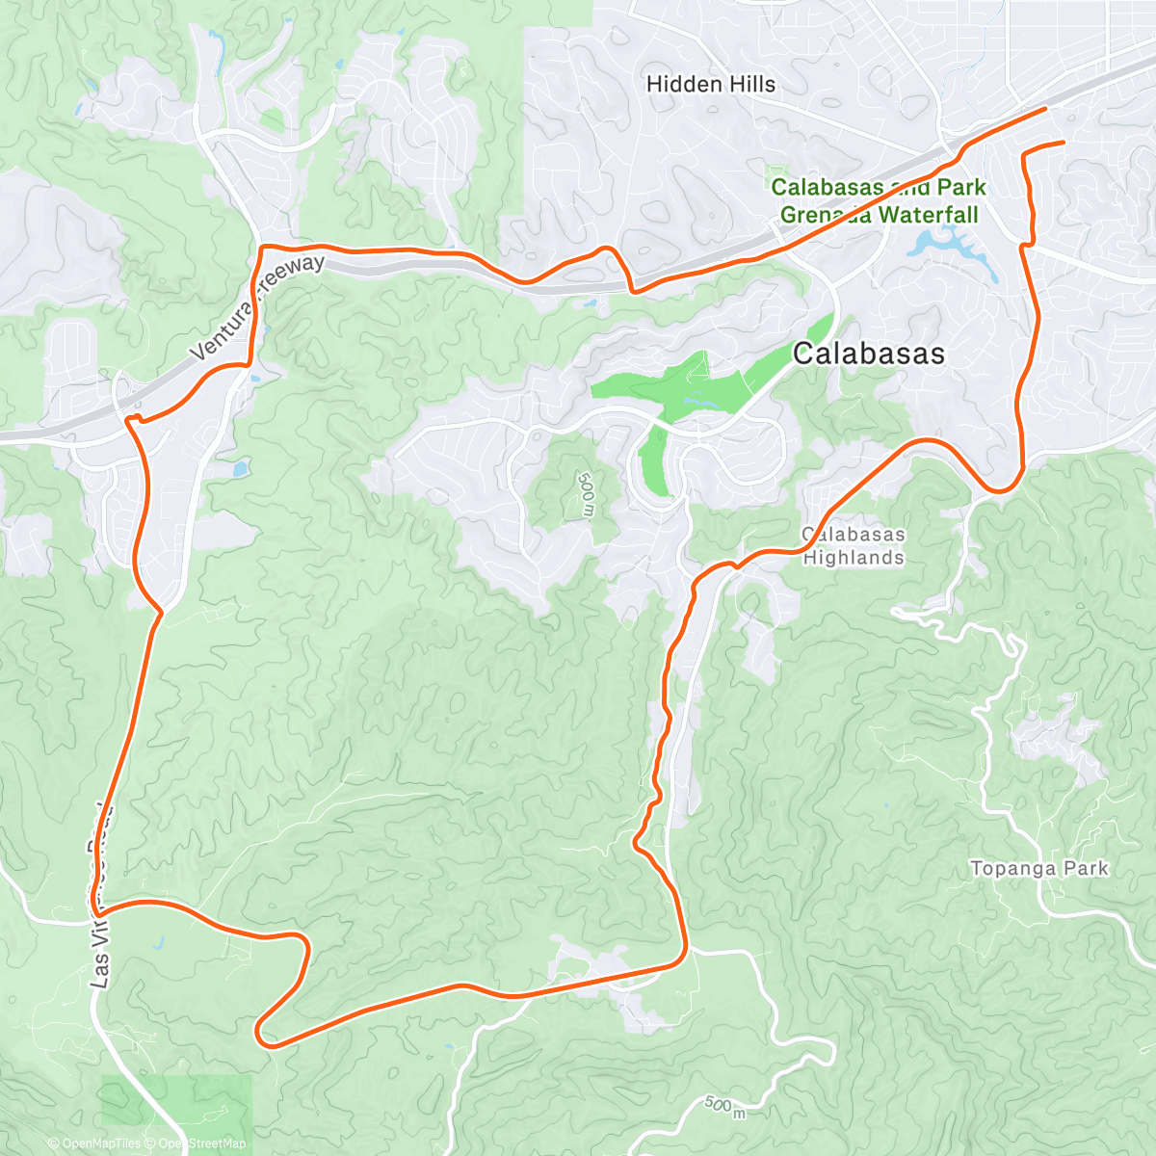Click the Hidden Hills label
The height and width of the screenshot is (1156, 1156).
coord(710,85)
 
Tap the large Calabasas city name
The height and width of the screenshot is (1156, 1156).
coord(868,355)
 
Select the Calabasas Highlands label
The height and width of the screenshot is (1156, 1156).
coord(854,546)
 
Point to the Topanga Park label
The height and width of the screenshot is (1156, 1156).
coord(1038,869)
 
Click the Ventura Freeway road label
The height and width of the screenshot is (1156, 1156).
coord(257,307)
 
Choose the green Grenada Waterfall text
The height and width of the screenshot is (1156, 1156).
coord(879,215)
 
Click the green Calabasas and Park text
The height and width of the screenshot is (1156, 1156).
coord(878,188)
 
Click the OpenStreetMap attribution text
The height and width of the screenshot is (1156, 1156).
coord(201,1143)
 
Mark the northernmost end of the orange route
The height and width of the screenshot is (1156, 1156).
coord(1044,110)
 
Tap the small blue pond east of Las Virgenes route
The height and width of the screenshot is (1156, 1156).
coord(237,470)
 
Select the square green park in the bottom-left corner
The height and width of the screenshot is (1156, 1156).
coord(176,1108)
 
